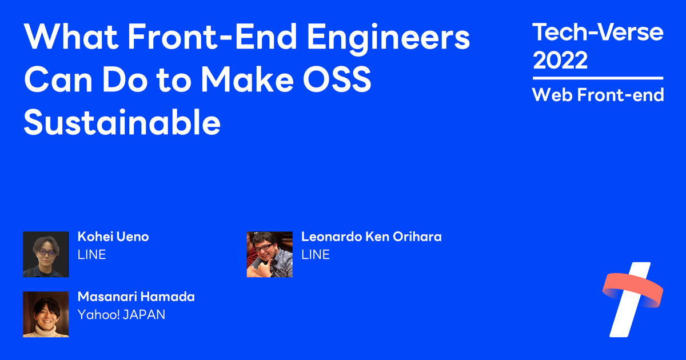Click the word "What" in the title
[x=71, y=37]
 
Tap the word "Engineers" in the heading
[x=388, y=40]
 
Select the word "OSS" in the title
[x=337, y=79]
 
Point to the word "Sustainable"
[x=122, y=122]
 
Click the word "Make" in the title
[x=247, y=79]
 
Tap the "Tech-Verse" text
[x=598, y=32]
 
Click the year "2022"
[x=560, y=60]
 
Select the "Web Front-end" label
[x=598, y=95]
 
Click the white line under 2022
[x=598, y=78]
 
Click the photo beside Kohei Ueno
[x=46, y=254]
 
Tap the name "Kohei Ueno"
[x=113, y=237]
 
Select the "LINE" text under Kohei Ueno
[x=91, y=254]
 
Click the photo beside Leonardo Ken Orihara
[x=269, y=254]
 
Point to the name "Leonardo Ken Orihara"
[x=372, y=237]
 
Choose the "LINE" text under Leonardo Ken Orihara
[x=316, y=254]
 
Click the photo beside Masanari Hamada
[x=46, y=314]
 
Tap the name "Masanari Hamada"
[x=136, y=297]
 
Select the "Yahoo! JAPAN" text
[x=121, y=314]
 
